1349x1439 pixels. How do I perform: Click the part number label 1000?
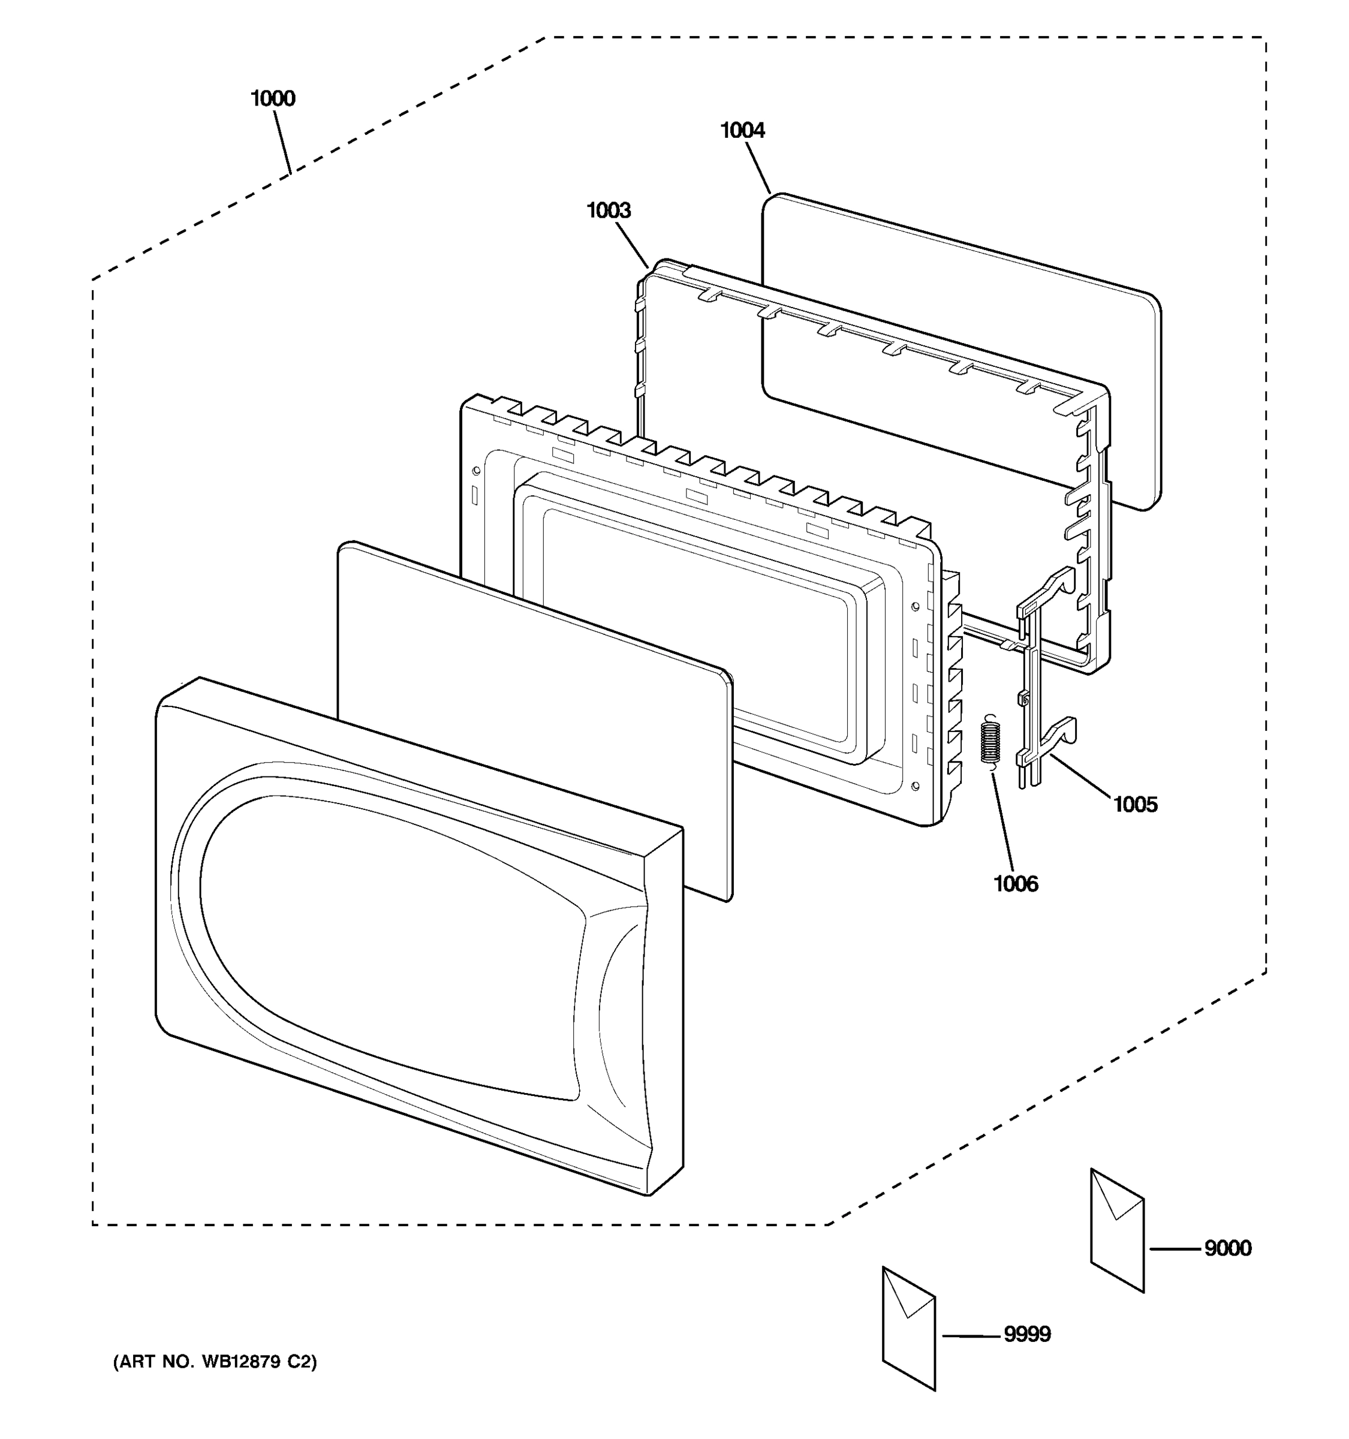pyautogui.click(x=273, y=98)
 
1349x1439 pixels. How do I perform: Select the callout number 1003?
pyautogui.click(x=608, y=210)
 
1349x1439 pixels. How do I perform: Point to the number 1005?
pyautogui.click(x=1135, y=804)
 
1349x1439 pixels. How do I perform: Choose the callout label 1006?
pyautogui.click(x=1016, y=884)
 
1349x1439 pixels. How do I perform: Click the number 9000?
pyautogui.click(x=1227, y=1248)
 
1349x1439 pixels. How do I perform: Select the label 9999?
pyautogui.click(x=1027, y=1334)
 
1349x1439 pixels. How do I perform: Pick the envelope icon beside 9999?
pyautogui.click(x=909, y=1328)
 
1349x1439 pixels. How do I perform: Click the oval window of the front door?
pyautogui.click(x=391, y=948)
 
